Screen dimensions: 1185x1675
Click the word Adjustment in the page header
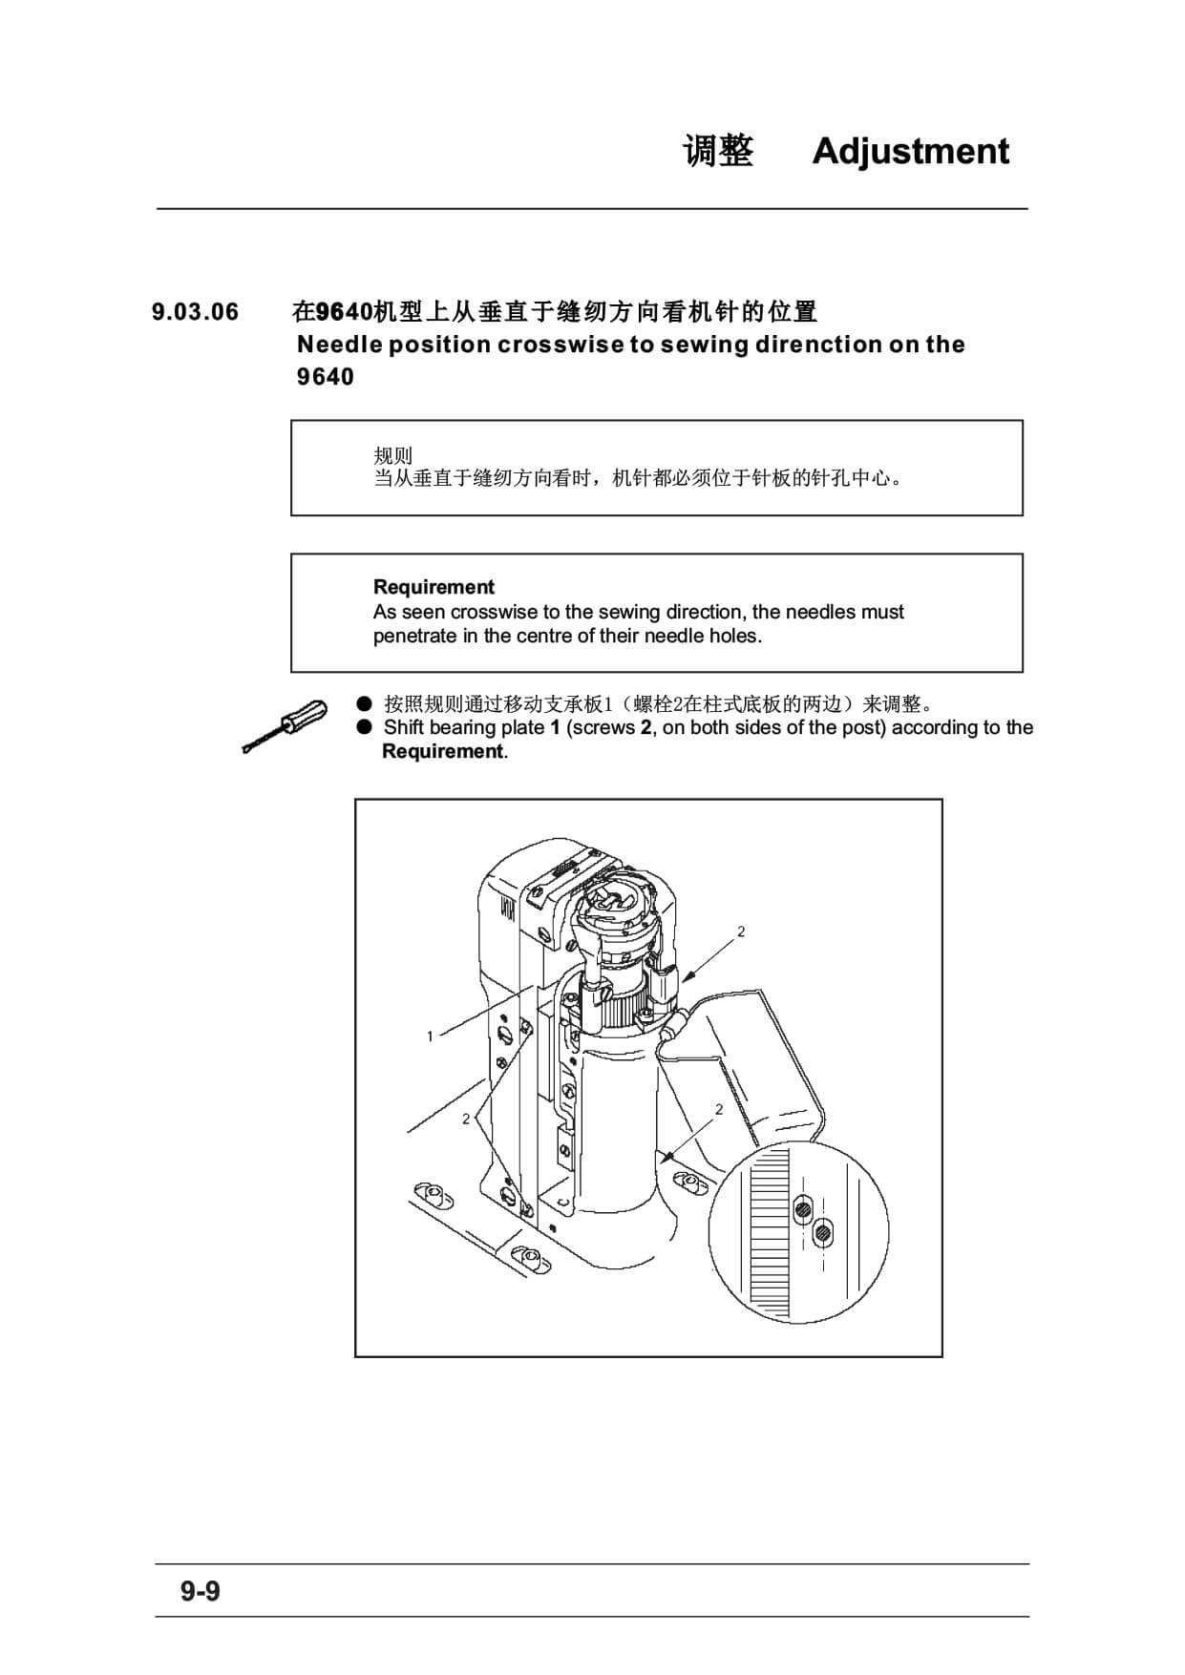[910, 152]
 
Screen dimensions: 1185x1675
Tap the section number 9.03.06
[196, 312]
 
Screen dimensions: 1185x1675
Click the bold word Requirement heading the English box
[434, 587]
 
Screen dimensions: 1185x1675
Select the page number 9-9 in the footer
[201, 1591]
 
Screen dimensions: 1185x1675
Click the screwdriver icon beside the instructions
[285, 726]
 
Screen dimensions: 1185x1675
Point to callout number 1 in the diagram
[431, 1036]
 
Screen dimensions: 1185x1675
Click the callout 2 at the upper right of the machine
[741, 932]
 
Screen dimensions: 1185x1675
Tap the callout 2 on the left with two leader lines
[466, 1119]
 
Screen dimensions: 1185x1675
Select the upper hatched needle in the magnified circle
[803, 1211]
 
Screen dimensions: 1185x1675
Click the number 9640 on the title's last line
[326, 377]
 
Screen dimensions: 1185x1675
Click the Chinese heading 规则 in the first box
[392, 455]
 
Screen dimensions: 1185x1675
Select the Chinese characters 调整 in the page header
[718, 151]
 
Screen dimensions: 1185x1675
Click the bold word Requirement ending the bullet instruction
[442, 751]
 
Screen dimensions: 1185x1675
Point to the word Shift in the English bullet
[404, 727]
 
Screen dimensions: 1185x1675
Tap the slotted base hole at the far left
[431, 1194]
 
